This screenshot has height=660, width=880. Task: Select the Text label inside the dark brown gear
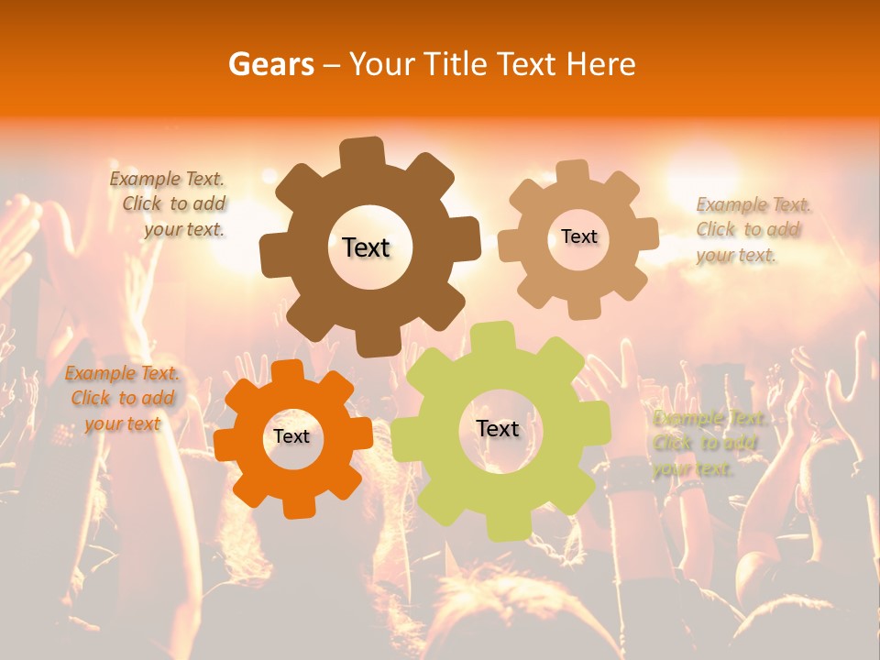(367, 247)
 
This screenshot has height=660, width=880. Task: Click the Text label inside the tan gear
(579, 236)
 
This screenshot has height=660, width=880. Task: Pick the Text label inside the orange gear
(291, 436)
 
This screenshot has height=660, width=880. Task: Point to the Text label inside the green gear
(498, 428)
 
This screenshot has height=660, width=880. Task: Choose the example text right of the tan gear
(752, 229)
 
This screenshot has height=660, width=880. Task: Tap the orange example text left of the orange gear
(122, 399)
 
